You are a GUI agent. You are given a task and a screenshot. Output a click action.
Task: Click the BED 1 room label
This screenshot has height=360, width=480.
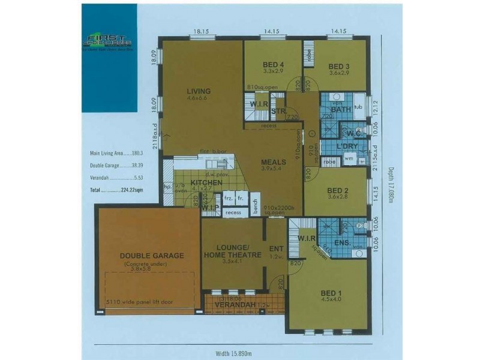(329, 293)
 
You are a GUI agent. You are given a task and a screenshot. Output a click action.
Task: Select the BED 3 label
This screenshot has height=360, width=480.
(339, 66)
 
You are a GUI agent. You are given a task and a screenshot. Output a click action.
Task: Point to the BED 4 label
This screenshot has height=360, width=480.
(273, 66)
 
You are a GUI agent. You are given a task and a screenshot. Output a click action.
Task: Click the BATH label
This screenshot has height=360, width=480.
(340, 109)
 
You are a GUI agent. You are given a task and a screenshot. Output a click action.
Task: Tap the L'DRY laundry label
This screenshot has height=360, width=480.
(347, 146)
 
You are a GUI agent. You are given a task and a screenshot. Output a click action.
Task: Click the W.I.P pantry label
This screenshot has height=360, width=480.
(210, 208)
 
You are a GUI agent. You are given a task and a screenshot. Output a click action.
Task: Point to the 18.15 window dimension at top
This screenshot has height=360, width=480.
(201, 31)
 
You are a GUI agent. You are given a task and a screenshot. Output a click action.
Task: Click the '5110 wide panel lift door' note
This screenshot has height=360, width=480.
(139, 302)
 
